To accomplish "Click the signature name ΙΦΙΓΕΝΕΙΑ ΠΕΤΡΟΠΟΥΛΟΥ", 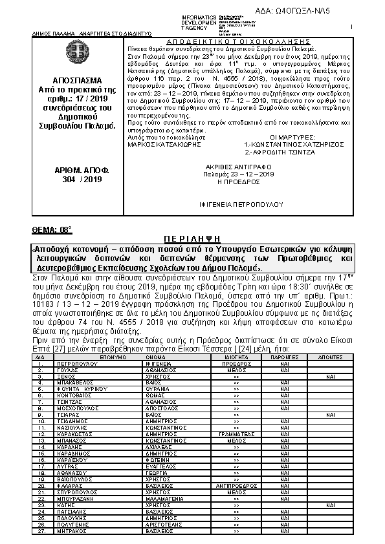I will pos(236,203).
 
